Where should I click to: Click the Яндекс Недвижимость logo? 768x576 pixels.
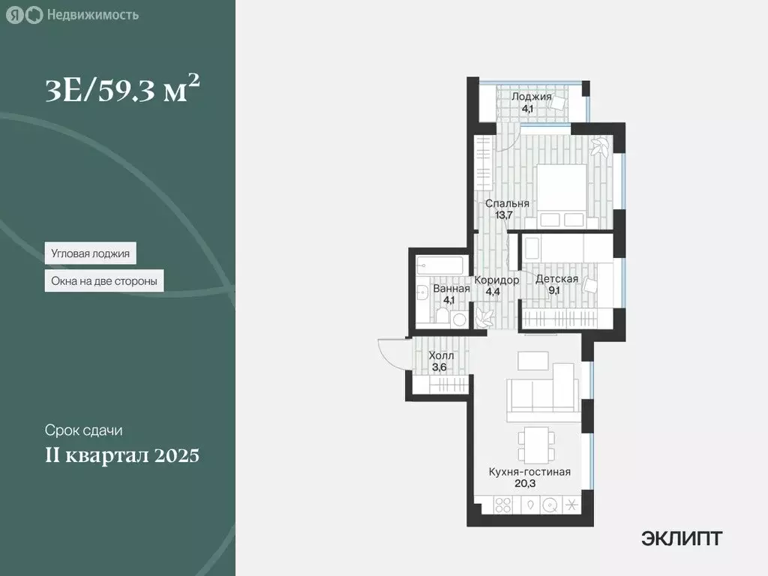coord(73,15)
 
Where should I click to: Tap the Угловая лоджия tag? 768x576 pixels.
coord(90,253)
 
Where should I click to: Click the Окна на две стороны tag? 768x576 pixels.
coord(104,282)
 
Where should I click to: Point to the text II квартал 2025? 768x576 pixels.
coord(121,455)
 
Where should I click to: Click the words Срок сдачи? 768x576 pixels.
coord(82,431)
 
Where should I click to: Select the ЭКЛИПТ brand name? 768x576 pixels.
coord(682,538)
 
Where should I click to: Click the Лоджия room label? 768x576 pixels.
coord(531,97)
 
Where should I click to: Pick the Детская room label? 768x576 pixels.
coord(556,279)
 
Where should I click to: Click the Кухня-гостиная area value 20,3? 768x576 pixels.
coord(529,484)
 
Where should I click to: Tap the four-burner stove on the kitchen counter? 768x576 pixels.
coord(502,505)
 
